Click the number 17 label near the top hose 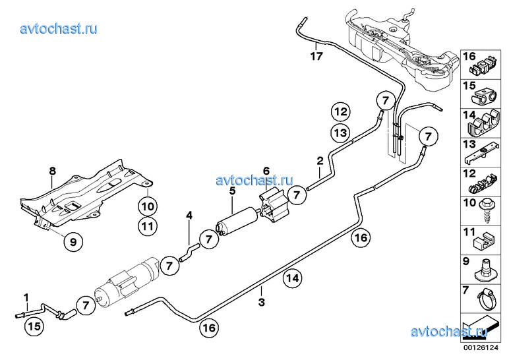tap(316, 55)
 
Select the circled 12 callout tap(340, 111)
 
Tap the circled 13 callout tap(340, 133)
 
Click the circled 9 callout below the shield tap(73, 243)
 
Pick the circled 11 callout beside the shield tap(148, 227)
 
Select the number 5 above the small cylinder tap(232, 191)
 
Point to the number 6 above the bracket tap(266, 170)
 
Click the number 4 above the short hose tap(189, 215)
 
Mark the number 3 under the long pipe tap(262, 303)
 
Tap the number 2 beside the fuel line tap(320, 160)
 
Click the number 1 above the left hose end tap(26, 297)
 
